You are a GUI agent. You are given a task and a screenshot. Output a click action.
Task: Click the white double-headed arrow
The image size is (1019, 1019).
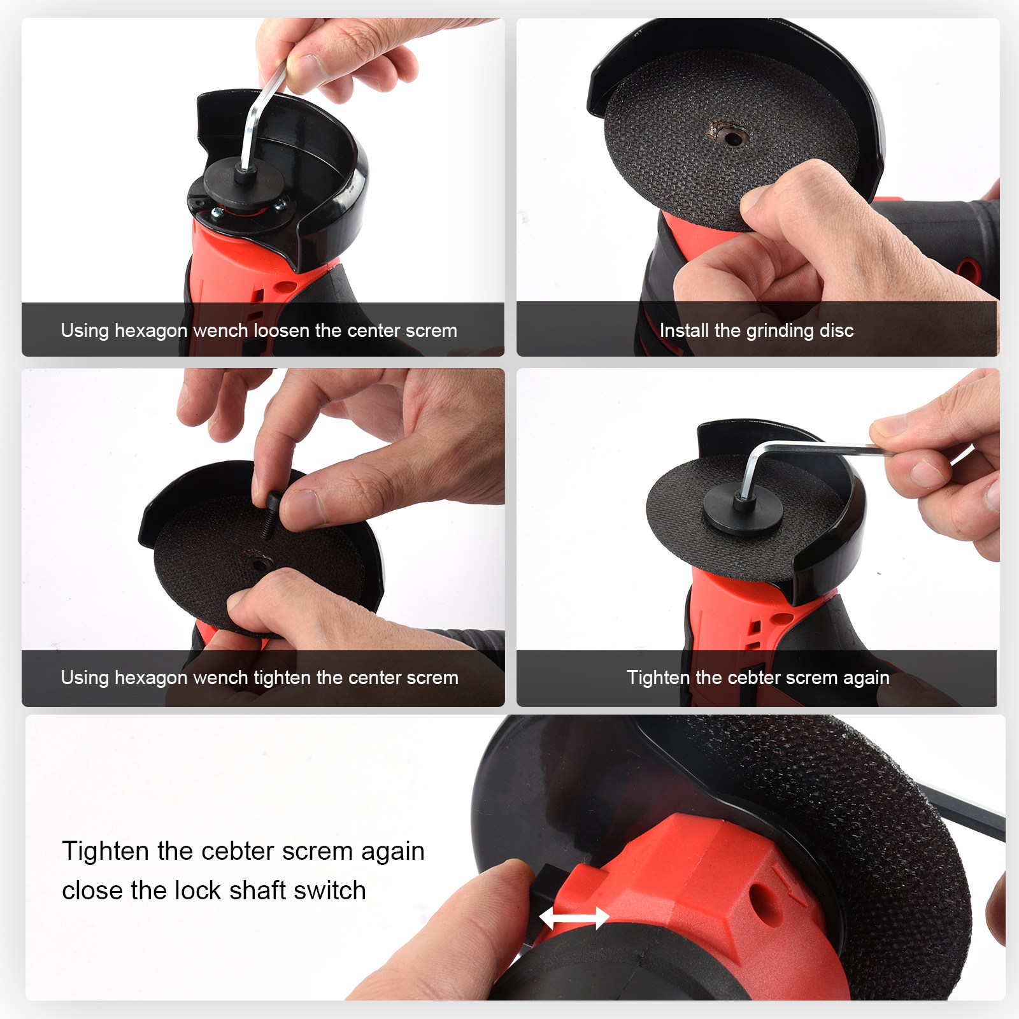click(574, 918)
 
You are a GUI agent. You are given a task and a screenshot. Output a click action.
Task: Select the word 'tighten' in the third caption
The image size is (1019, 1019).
click(282, 678)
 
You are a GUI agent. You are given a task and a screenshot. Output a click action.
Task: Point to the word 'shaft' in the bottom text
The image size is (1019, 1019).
click(255, 890)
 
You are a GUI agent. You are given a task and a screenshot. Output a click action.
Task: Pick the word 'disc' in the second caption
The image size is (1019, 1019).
click(837, 331)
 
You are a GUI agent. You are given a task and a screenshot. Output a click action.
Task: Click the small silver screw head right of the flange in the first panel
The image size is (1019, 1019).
click(280, 205)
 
